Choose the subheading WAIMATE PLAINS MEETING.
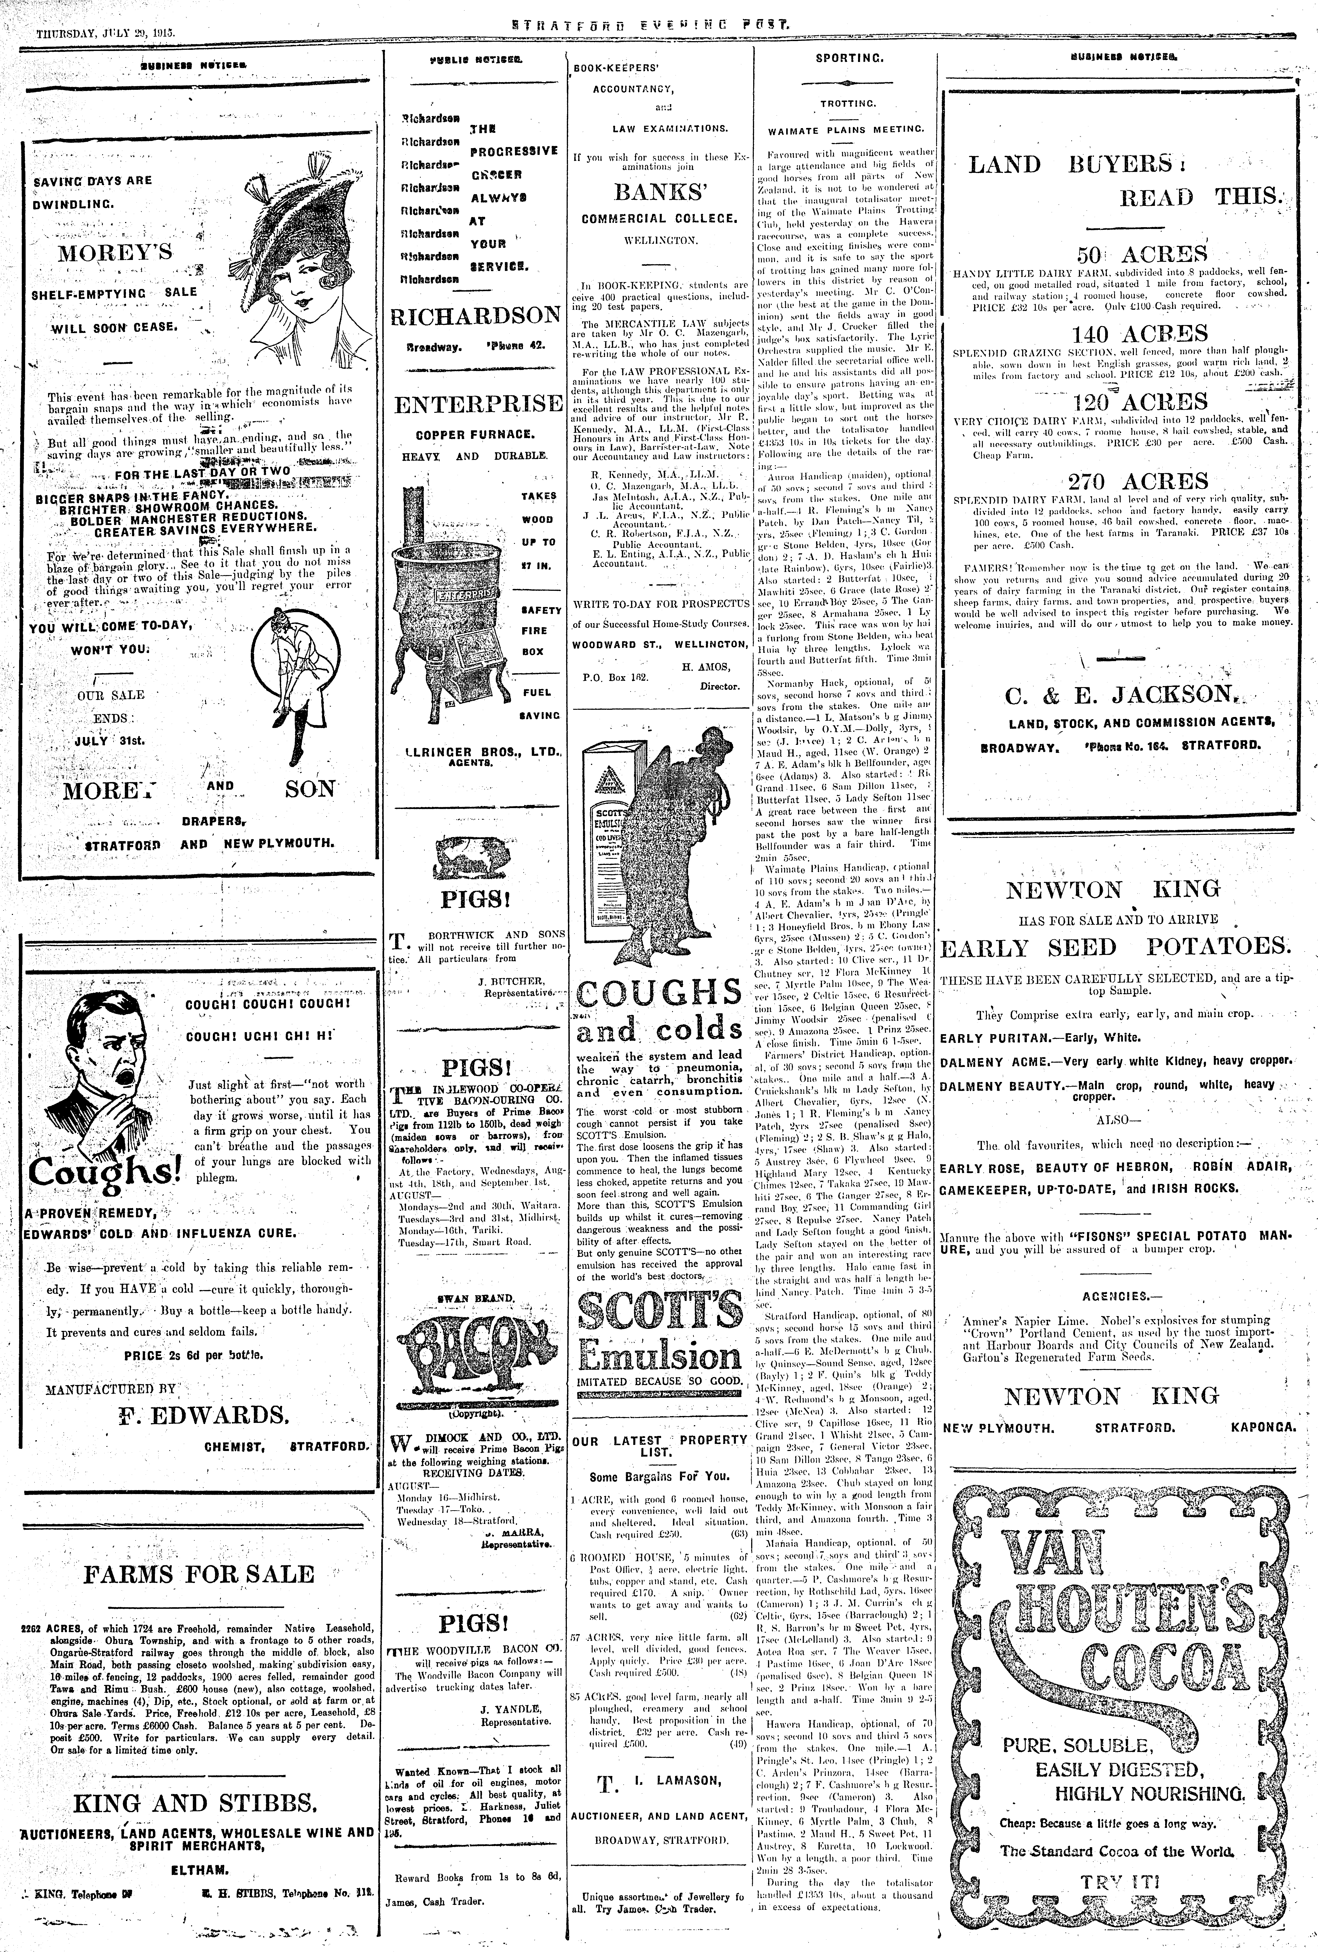845,130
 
